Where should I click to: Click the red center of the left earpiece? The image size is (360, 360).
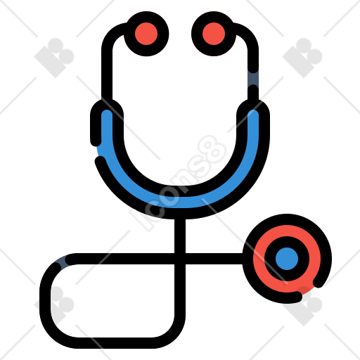tap(146, 34)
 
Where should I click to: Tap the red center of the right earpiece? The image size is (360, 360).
tap(214, 34)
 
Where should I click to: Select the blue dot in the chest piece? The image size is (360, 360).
tap(287, 259)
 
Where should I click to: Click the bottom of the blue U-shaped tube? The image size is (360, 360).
tap(180, 202)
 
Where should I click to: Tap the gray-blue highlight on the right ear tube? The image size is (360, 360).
tap(253, 79)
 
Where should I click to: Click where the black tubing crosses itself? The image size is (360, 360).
tap(180, 259)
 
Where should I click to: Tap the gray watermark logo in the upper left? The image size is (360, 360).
tap(54, 58)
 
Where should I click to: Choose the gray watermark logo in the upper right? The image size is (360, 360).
tap(302, 58)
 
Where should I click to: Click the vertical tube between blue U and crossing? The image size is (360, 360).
tap(180, 236)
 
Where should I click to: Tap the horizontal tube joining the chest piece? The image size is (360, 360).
tap(214, 259)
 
